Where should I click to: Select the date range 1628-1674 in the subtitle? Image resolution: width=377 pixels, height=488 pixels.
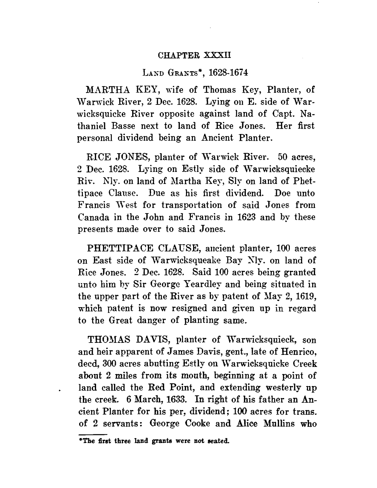pyautogui.click(x=228, y=73)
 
